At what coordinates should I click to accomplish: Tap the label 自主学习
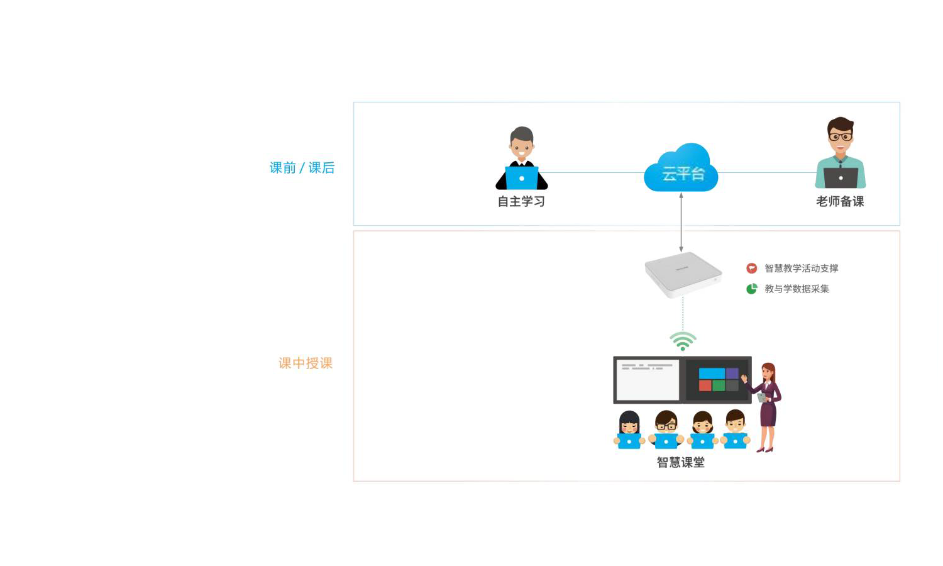coord(521,202)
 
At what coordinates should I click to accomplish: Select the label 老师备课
coord(840,202)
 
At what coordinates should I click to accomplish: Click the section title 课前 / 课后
coord(302,168)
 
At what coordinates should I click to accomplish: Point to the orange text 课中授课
coord(306,363)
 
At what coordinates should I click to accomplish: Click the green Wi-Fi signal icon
coord(683,341)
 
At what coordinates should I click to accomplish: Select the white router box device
coord(683,274)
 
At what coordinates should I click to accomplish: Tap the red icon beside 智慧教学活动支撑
coord(751,269)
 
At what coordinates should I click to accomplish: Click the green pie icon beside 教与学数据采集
coord(751,289)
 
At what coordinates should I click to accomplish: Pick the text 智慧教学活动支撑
coord(802,269)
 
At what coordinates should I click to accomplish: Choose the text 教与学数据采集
coord(797,289)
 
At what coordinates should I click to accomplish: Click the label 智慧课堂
coord(681,463)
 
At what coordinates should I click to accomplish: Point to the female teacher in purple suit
coord(767,406)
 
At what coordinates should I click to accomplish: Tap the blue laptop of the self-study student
coord(522,178)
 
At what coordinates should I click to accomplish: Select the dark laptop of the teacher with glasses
coord(841,178)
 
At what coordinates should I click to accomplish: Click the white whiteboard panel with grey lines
coord(648,380)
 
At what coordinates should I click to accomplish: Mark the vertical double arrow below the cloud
coord(681,223)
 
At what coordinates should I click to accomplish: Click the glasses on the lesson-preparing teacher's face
coord(841,136)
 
